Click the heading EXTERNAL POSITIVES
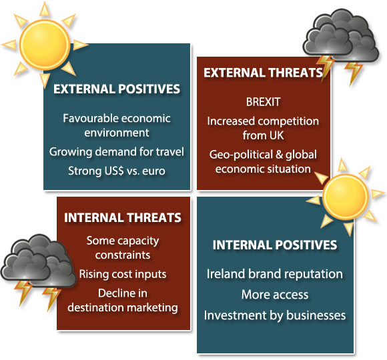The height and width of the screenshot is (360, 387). point(117,89)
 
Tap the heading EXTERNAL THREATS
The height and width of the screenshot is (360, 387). point(263,73)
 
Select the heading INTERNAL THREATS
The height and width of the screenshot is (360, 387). point(123,218)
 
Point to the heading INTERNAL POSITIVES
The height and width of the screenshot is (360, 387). point(275,245)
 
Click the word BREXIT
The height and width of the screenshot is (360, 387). point(263,102)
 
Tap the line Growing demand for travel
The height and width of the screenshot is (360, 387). point(117,151)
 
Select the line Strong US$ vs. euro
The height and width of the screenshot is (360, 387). point(117,171)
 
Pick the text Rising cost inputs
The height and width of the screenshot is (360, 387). point(123,274)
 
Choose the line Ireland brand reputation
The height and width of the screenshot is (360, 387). point(275,274)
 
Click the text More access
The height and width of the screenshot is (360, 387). point(275,295)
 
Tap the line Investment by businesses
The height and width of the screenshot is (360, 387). point(275,315)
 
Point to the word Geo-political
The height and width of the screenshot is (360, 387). point(241,155)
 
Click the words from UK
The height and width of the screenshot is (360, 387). point(263,135)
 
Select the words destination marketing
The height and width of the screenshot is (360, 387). point(123,308)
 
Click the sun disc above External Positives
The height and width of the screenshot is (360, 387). point(45,45)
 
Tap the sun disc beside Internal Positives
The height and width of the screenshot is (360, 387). point(346,197)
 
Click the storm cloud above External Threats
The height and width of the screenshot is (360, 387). point(341,35)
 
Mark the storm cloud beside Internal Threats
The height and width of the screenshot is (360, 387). point(37,261)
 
